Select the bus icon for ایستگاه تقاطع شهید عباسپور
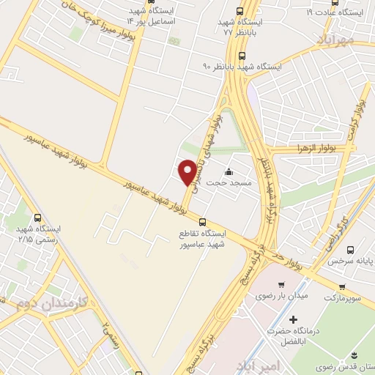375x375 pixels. click(x=203, y=222)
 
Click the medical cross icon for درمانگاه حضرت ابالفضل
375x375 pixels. click(x=294, y=320)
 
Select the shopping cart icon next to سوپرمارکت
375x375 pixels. click(x=341, y=287)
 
